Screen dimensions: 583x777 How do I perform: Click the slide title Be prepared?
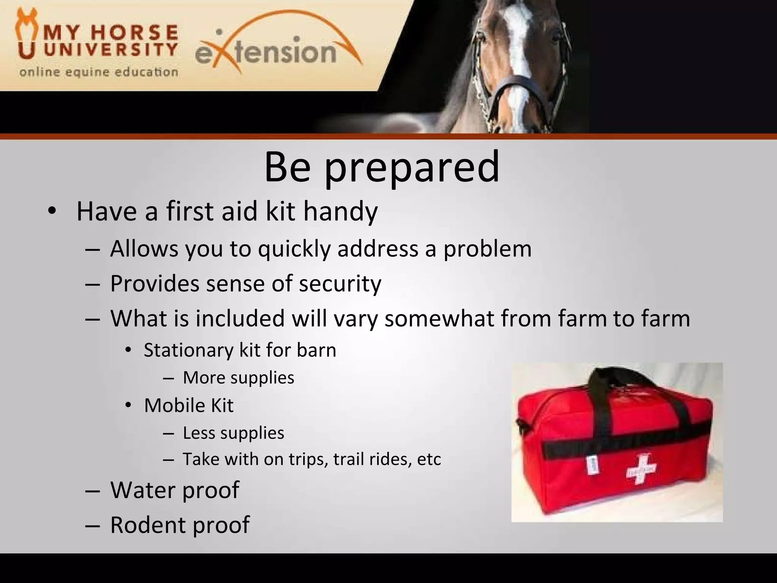[x=381, y=167]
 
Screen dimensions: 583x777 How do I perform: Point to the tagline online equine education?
[x=99, y=72]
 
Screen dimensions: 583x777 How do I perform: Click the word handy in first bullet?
[x=340, y=211]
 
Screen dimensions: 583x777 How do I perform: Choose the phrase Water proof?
[x=175, y=490]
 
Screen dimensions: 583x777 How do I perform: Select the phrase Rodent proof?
[x=180, y=525]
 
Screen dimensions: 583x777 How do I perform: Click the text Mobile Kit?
[x=189, y=405]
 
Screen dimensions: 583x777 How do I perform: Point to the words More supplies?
[x=238, y=378]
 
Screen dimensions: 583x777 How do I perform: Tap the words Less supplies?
[x=233, y=433]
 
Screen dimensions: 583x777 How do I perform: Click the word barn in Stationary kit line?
[x=316, y=350]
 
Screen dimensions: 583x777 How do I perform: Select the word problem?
[x=488, y=249]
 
